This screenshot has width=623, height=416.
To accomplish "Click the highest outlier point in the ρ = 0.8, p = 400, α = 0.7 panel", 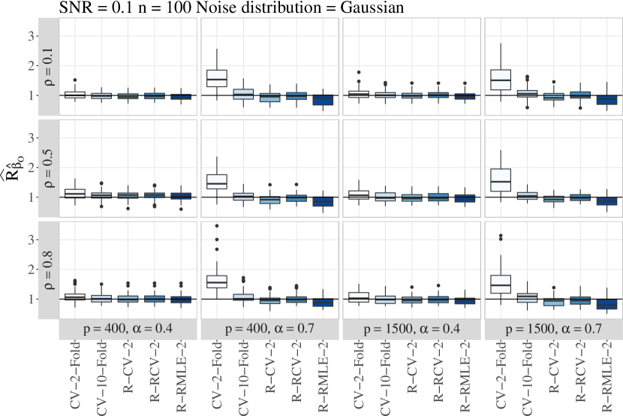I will pyautogui.click(x=217, y=225).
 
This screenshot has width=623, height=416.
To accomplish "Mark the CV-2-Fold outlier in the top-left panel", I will pyautogui.click(x=75, y=80).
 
